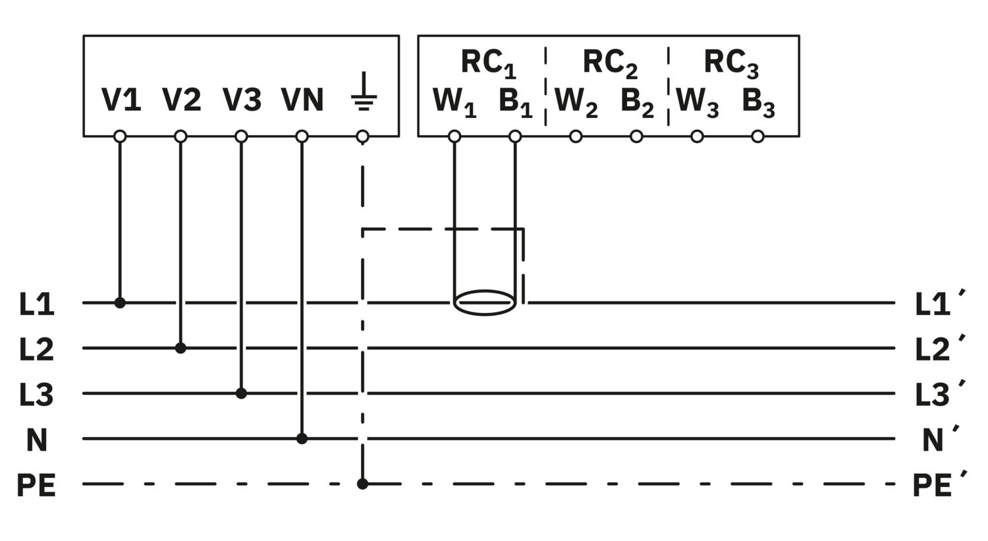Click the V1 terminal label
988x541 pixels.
click(x=121, y=100)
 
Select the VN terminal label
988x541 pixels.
click(x=302, y=100)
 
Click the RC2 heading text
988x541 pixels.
click(x=610, y=63)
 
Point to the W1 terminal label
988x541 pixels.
click(x=454, y=102)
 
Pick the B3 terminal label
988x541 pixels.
click(x=758, y=102)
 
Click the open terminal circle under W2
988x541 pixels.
click(x=576, y=136)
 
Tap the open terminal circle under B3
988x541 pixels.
click(x=757, y=136)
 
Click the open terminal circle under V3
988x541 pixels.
click(x=241, y=136)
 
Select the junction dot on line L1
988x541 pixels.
click(x=120, y=302)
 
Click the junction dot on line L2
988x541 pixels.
click(x=180, y=348)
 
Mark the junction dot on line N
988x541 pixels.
click(x=302, y=438)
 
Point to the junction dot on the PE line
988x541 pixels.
click(x=362, y=484)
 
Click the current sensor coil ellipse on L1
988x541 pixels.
click(x=485, y=302)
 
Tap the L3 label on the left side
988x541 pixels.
click(x=36, y=395)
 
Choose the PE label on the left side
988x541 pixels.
click(x=36, y=486)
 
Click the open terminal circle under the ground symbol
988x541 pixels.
click(x=362, y=136)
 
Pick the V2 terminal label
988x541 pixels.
click(x=182, y=100)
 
